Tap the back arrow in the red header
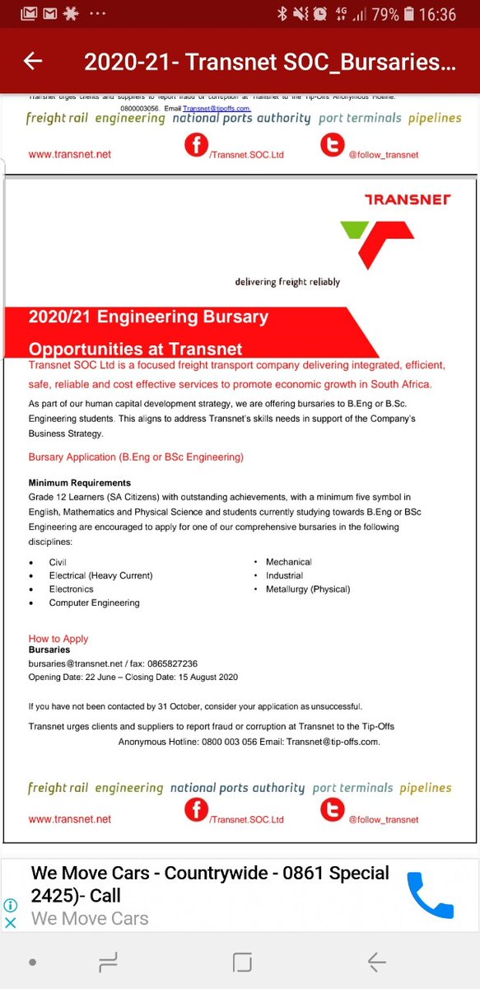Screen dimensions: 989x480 coord(33,61)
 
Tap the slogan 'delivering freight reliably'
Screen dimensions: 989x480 coord(287,282)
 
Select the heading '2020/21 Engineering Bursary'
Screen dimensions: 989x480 coord(148,316)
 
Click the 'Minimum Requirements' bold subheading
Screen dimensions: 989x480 coord(80,482)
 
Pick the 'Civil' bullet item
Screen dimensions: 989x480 coord(58,562)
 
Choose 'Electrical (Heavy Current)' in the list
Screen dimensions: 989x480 coord(100,575)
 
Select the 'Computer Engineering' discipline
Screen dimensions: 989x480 coord(94,602)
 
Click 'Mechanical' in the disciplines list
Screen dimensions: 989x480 coord(288,562)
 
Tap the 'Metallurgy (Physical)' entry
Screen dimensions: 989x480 coord(307,589)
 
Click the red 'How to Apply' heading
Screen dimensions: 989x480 coord(58,639)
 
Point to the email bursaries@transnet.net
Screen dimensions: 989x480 coord(76,663)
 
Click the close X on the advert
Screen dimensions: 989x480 coord(11,923)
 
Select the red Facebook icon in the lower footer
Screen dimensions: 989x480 coord(196,811)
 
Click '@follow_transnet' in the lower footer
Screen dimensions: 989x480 coord(383,820)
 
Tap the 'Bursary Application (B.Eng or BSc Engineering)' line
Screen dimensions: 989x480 coord(136,457)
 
